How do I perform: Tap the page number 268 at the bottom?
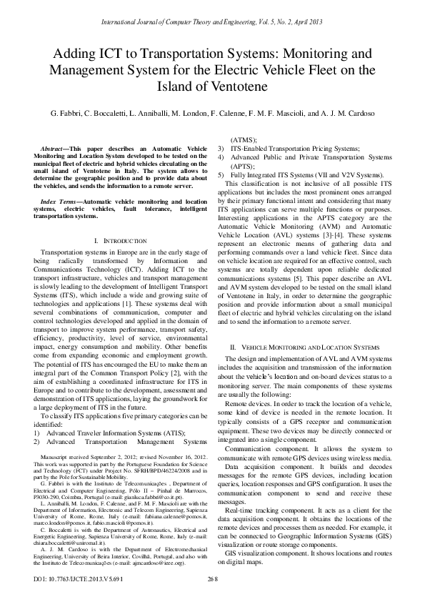point(212,597)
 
